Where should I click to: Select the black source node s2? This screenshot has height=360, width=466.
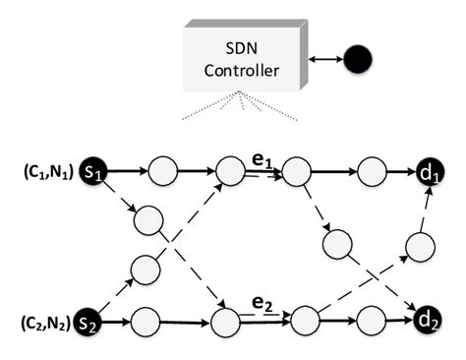click(92, 320)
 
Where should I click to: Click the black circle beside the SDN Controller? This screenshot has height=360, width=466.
click(356, 60)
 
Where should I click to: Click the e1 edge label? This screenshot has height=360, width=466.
click(259, 158)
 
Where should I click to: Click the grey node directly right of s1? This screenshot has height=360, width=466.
click(162, 173)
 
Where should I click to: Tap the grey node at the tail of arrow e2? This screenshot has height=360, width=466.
click(224, 321)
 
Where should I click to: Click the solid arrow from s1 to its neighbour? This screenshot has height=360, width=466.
click(126, 173)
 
